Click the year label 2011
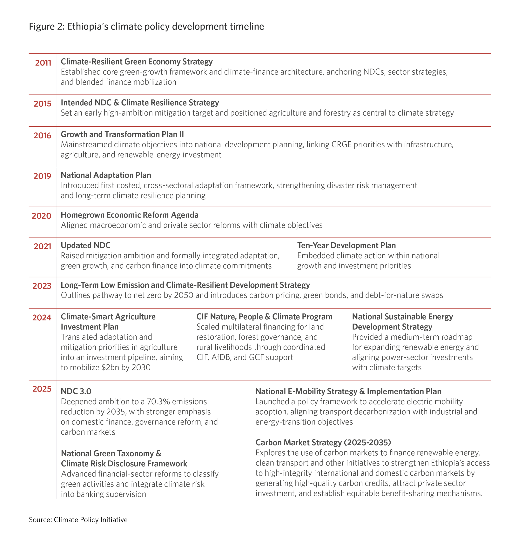point(43,63)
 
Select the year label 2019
point(42,176)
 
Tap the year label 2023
point(42,286)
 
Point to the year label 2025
point(42,389)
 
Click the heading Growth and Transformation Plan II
point(122,134)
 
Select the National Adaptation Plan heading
point(106,175)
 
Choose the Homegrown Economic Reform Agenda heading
point(129,215)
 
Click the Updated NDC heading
point(85,245)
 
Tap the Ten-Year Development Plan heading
point(346,245)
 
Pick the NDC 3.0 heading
point(76,391)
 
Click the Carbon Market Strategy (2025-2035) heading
point(323,442)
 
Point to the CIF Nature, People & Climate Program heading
point(264,317)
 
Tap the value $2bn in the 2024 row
point(110,367)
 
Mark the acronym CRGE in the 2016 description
point(341,144)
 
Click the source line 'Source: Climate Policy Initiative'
point(78,520)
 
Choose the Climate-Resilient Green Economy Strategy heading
point(137,62)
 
